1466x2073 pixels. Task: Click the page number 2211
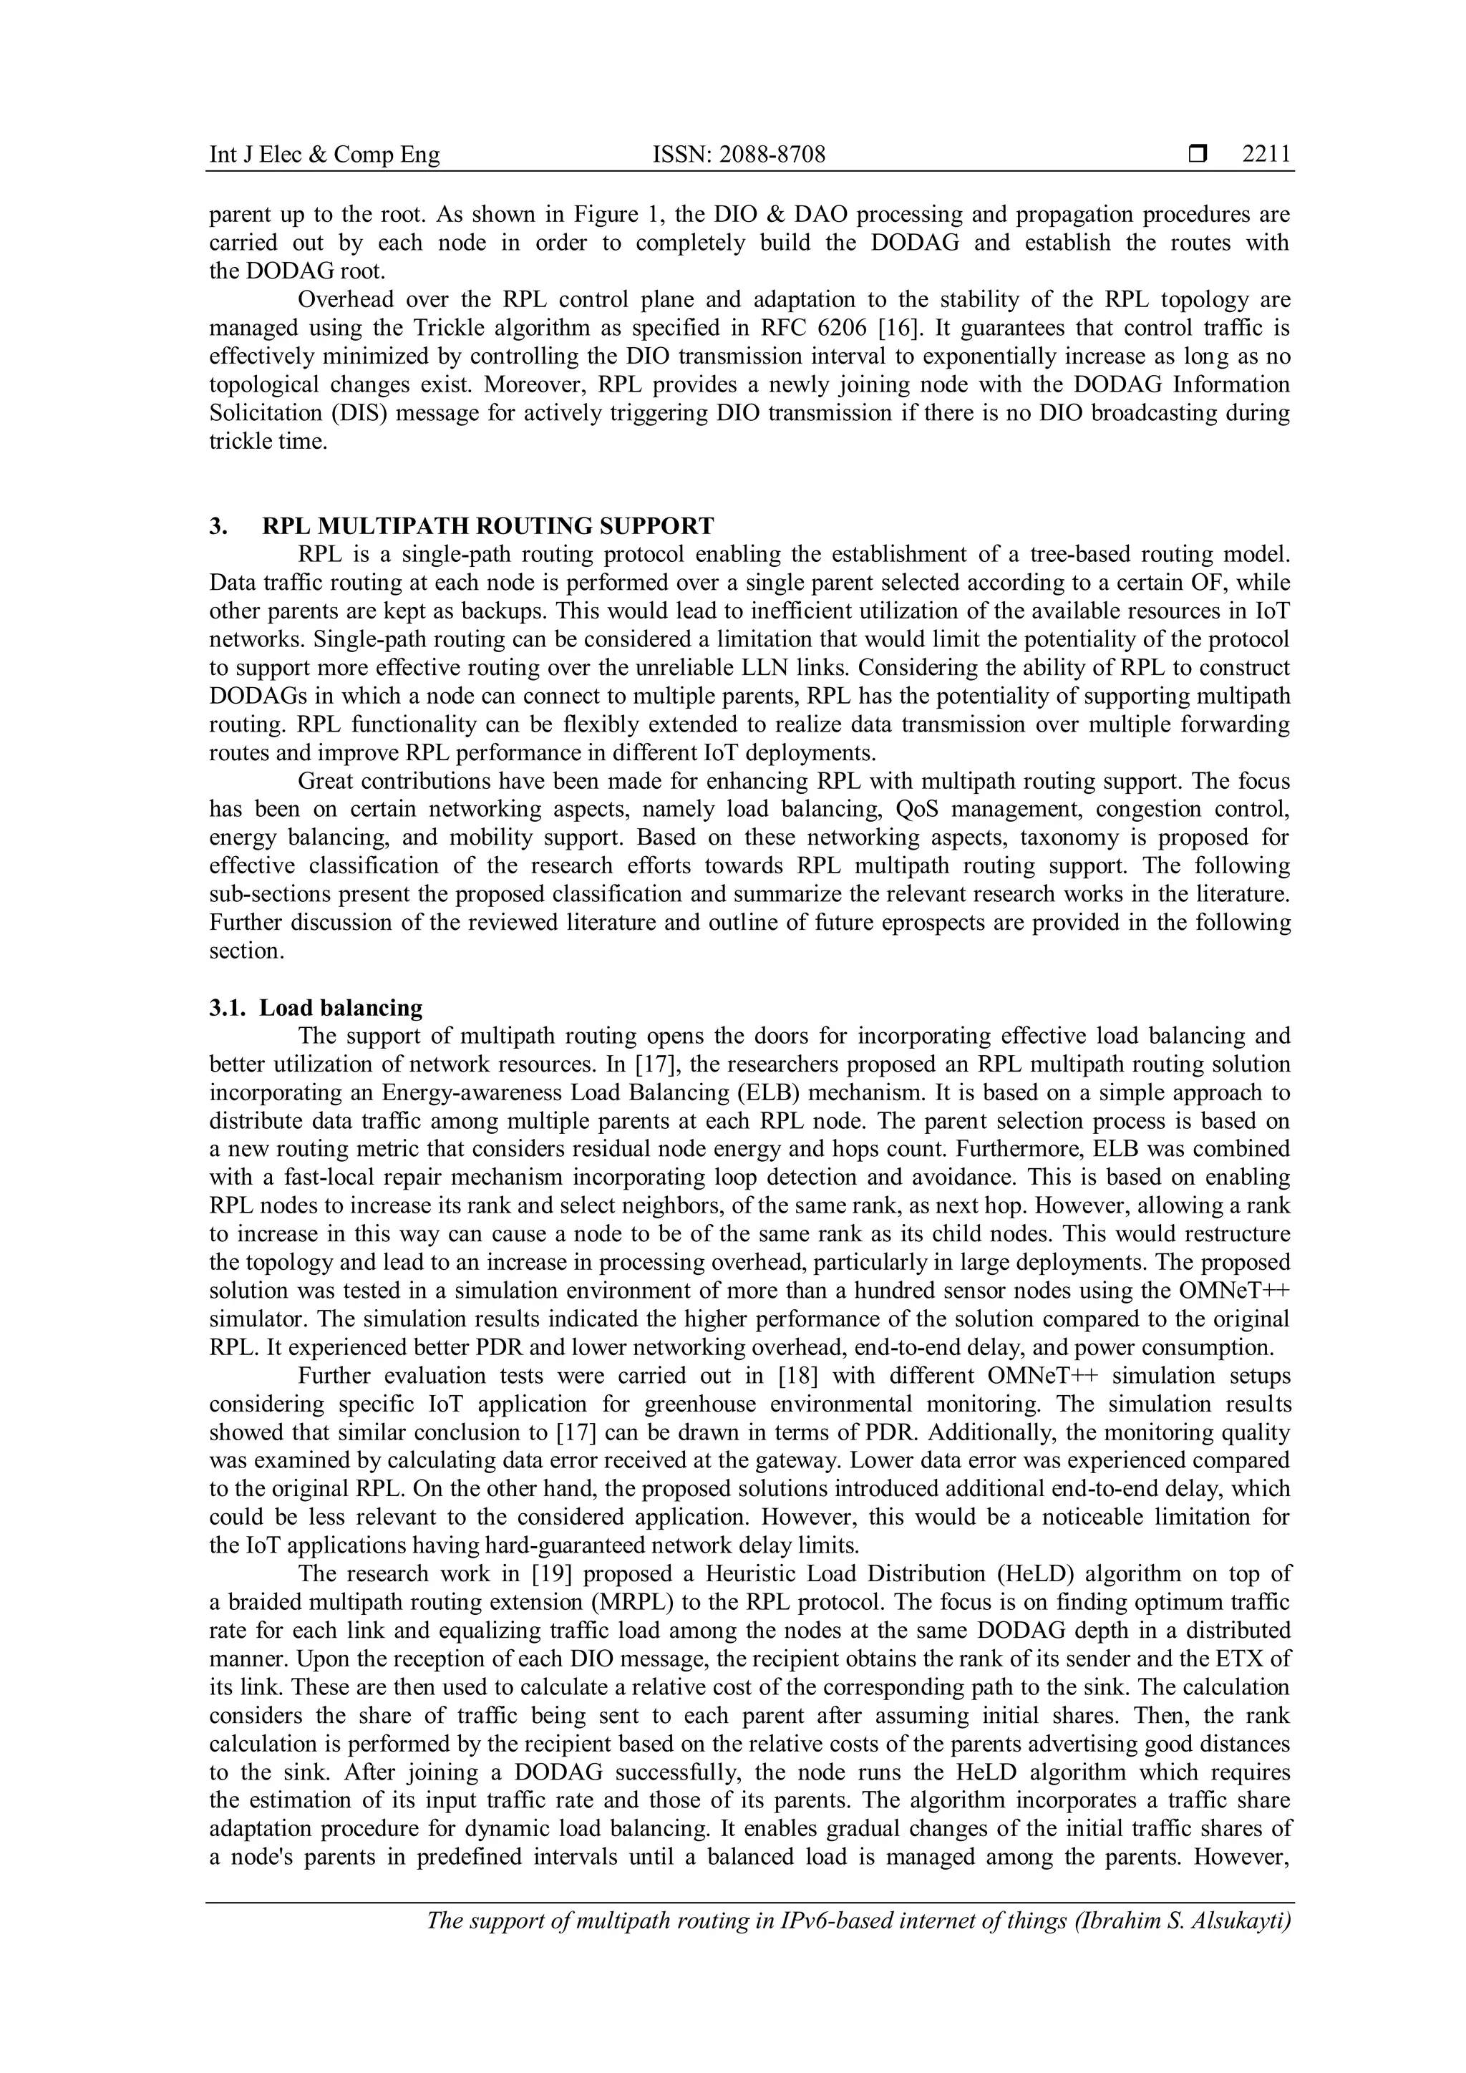point(1266,155)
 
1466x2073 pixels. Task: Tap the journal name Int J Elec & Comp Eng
point(325,155)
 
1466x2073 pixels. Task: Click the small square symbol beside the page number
point(1198,155)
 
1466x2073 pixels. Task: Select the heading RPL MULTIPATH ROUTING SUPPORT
point(487,525)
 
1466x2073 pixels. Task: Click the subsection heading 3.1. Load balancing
point(316,1008)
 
